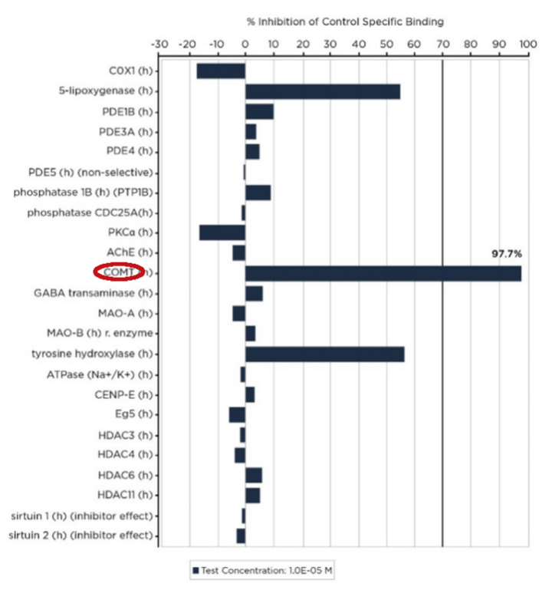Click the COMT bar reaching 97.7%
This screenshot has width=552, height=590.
(x=383, y=273)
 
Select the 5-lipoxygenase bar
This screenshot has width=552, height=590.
(x=322, y=91)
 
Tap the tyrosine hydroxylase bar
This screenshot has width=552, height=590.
(x=324, y=354)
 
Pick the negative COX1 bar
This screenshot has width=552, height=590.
(x=221, y=71)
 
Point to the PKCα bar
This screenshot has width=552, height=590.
(x=222, y=232)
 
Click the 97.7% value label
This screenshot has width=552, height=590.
(x=506, y=254)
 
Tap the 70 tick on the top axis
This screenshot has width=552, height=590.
(x=443, y=44)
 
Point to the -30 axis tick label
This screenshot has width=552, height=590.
(x=160, y=44)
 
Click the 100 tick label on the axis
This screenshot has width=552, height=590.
(x=527, y=44)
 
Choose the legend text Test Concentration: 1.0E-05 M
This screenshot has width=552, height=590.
(x=268, y=570)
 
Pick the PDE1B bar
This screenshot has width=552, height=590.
(x=259, y=111)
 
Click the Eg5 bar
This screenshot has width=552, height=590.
(x=237, y=414)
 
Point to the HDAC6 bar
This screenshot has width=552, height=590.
(x=253, y=476)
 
